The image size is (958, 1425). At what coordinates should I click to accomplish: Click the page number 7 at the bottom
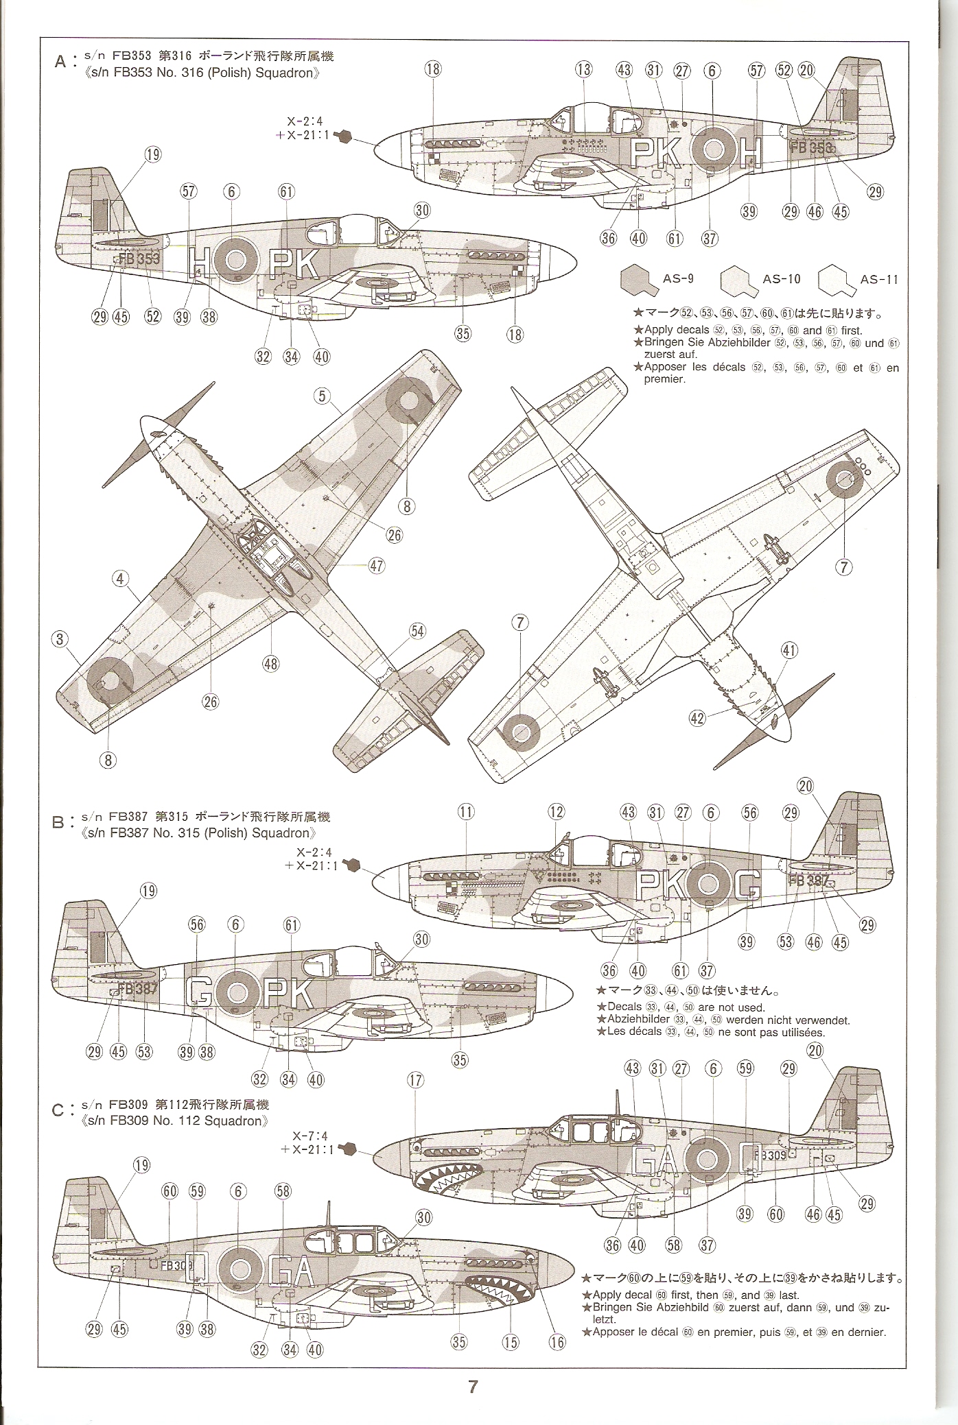point(472,1387)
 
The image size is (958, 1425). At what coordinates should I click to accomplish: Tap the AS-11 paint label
point(879,279)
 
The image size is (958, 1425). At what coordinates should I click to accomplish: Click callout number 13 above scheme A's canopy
point(584,69)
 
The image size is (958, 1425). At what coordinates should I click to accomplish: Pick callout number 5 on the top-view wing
point(323,396)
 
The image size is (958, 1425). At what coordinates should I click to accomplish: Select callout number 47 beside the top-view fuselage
point(376,566)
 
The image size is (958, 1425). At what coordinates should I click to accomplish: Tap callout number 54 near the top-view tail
point(418,631)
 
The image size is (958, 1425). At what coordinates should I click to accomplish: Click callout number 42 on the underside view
point(697,719)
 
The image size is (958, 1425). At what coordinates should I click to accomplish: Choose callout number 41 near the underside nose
point(789,650)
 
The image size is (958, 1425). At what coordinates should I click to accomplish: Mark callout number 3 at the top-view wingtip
point(60,639)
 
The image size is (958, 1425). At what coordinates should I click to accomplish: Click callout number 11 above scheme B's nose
point(466,813)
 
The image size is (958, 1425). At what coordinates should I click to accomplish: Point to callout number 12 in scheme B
point(556,813)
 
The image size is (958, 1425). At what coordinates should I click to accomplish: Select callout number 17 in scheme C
point(415,1081)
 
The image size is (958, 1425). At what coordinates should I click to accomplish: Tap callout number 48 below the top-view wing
point(270,663)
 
